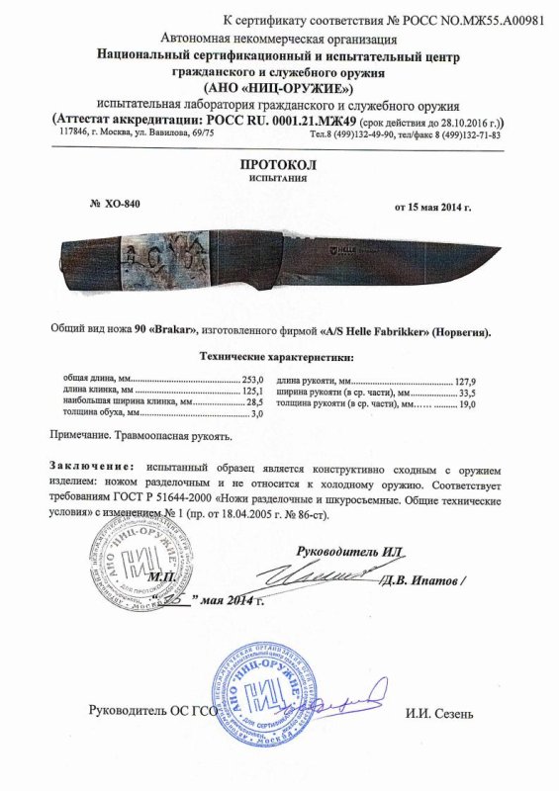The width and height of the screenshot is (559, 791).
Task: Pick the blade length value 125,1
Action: [254, 391]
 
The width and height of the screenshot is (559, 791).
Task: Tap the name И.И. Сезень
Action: [439, 712]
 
